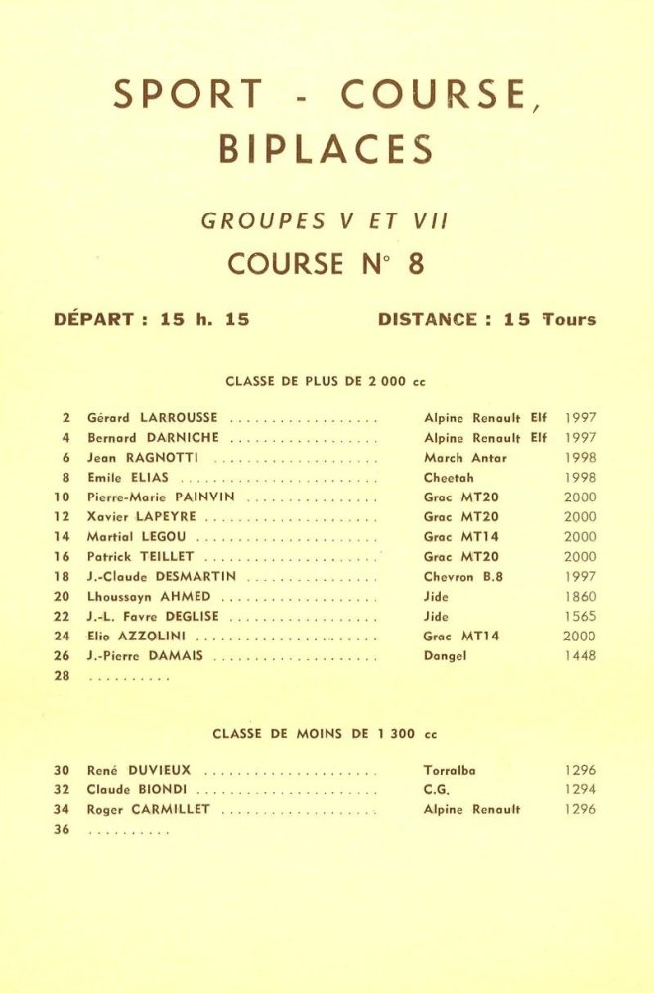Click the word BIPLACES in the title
326,150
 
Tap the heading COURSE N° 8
326,264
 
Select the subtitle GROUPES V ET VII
326,222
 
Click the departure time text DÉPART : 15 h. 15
151,320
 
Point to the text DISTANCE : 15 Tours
487,320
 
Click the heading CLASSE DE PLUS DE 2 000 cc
326,381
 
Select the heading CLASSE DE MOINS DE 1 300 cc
325,734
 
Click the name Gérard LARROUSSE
153,418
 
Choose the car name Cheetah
449,478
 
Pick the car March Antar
464,458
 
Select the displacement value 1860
580,597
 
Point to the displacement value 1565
580,617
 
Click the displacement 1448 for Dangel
580,656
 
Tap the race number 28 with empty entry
62,676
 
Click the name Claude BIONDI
138,790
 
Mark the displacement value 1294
580,790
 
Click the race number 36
62,830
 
